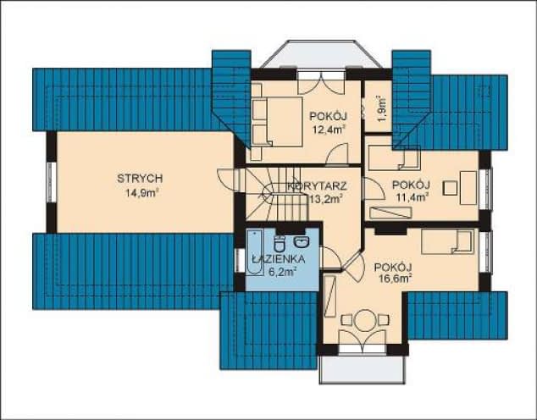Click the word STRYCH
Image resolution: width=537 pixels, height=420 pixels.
[140, 179]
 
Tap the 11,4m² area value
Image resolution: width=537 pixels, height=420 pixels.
[412, 197]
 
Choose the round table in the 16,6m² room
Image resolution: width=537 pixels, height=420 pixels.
[365, 321]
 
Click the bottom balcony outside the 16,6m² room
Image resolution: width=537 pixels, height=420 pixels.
[362, 367]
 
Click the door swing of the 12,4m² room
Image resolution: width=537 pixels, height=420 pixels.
[338, 154]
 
